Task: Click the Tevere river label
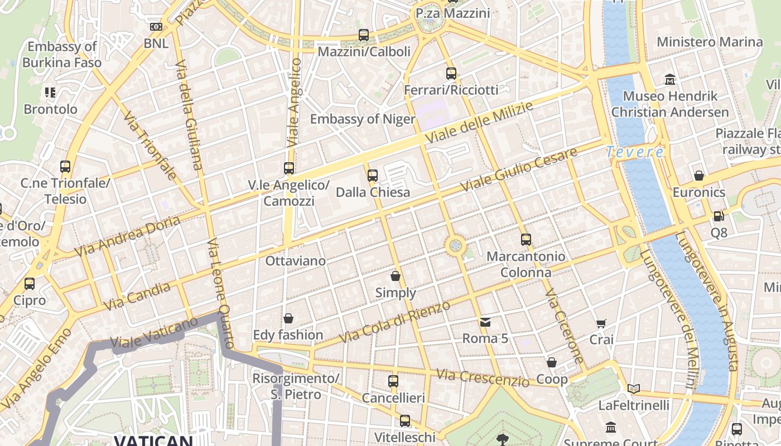635,152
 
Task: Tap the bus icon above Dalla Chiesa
373,176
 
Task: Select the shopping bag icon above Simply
396,276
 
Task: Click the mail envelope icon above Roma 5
485,322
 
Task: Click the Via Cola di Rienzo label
394,323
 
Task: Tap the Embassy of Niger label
363,119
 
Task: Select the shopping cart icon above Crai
601,323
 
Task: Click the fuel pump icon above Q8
719,216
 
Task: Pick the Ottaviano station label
296,260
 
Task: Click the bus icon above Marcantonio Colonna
526,240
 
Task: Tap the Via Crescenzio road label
483,377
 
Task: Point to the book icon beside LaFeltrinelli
633,389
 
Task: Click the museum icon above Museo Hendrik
670,80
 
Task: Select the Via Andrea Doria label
128,236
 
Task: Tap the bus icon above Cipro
30,284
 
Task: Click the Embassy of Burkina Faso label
62,54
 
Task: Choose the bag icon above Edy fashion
288,318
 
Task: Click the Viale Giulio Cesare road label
518,171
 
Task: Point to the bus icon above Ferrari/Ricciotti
451,73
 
